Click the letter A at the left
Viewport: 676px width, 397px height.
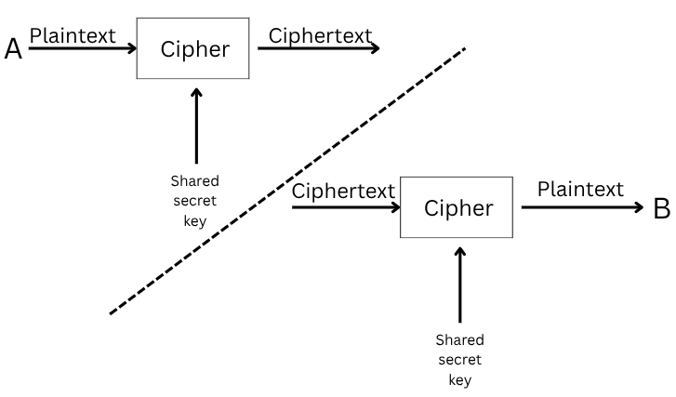(13, 49)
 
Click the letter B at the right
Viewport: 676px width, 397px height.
(661, 208)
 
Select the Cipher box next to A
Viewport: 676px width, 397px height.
(194, 49)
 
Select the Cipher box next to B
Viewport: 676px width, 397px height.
(457, 208)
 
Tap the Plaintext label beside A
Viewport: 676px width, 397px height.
(73, 35)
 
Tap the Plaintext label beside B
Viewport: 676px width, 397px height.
(580, 190)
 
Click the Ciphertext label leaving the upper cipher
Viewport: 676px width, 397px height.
(320, 35)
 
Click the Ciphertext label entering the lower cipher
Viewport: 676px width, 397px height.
(344, 192)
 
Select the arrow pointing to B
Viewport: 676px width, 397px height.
(581, 207)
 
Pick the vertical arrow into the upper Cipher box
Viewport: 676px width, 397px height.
(195, 126)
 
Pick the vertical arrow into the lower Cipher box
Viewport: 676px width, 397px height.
(459, 284)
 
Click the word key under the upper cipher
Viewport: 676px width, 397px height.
(194, 221)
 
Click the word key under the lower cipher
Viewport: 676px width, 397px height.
(459, 379)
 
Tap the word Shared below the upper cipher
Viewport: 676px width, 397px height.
(194, 181)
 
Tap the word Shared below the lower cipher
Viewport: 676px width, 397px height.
(459, 339)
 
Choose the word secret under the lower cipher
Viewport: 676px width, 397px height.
(459, 360)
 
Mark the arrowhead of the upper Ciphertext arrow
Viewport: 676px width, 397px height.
(375, 48)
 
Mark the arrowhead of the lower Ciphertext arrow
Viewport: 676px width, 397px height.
(394, 207)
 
